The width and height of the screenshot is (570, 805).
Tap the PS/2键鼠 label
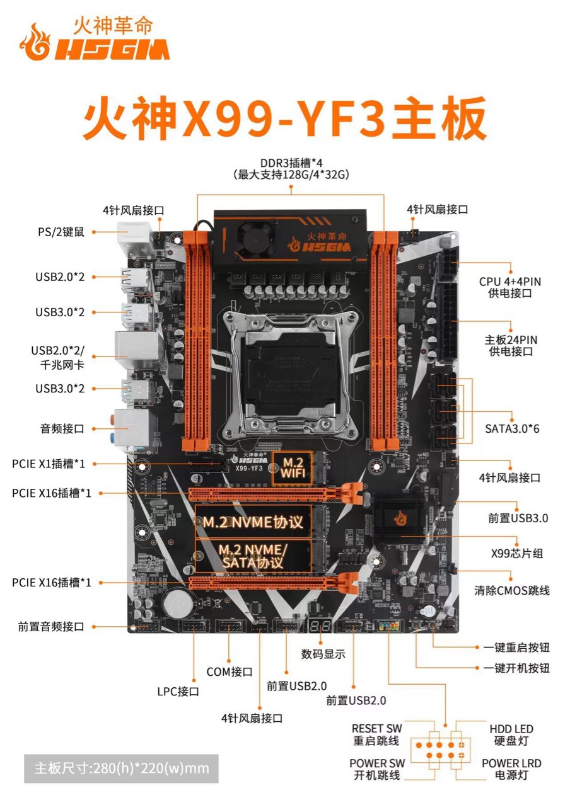tap(61, 232)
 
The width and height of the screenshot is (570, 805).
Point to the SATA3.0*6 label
tap(511, 429)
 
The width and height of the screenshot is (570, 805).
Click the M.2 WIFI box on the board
tap(292, 467)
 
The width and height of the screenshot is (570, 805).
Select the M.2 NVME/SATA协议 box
tap(252, 556)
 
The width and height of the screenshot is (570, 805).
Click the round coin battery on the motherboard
tap(177, 603)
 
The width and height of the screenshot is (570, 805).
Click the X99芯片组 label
tap(517, 554)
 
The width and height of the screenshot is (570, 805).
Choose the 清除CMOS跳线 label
tap(512, 590)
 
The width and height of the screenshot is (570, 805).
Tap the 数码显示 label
tap(323, 654)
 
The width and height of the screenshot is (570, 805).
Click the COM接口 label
tap(230, 672)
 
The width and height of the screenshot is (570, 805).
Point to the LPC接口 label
tap(178, 692)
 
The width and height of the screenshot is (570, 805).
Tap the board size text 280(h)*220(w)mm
tap(121, 768)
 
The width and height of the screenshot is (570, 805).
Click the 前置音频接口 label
tap(50, 627)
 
